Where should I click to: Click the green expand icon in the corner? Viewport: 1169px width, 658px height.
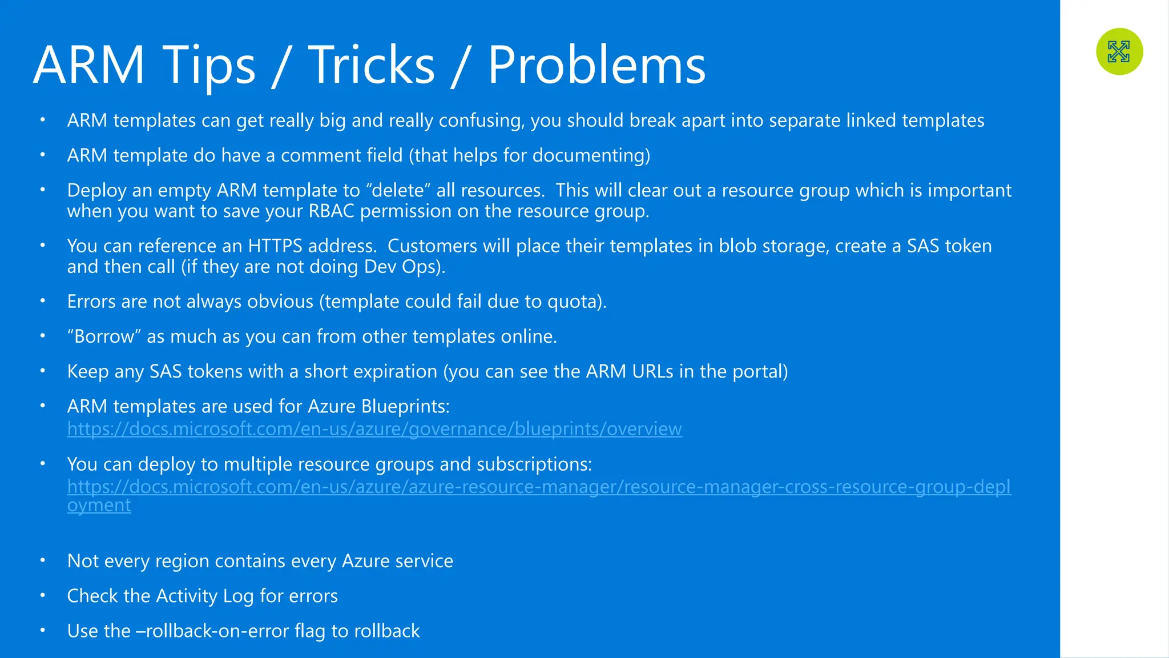point(1119,51)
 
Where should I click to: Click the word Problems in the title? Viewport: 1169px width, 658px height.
point(596,65)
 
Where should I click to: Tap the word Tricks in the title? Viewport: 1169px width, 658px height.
point(372,65)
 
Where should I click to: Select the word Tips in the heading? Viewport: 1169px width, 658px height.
point(209,65)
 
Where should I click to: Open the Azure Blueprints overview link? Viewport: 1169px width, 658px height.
point(374,428)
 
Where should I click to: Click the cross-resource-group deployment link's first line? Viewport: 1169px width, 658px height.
point(539,487)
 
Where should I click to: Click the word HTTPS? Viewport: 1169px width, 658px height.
point(275,246)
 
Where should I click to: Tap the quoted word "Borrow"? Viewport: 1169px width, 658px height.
point(104,336)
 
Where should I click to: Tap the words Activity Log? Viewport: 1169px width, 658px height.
point(204,596)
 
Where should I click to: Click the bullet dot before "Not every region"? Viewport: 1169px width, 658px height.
point(42,560)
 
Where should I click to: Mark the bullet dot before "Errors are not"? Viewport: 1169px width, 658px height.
point(42,301)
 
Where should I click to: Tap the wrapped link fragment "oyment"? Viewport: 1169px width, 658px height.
point(99,505)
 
